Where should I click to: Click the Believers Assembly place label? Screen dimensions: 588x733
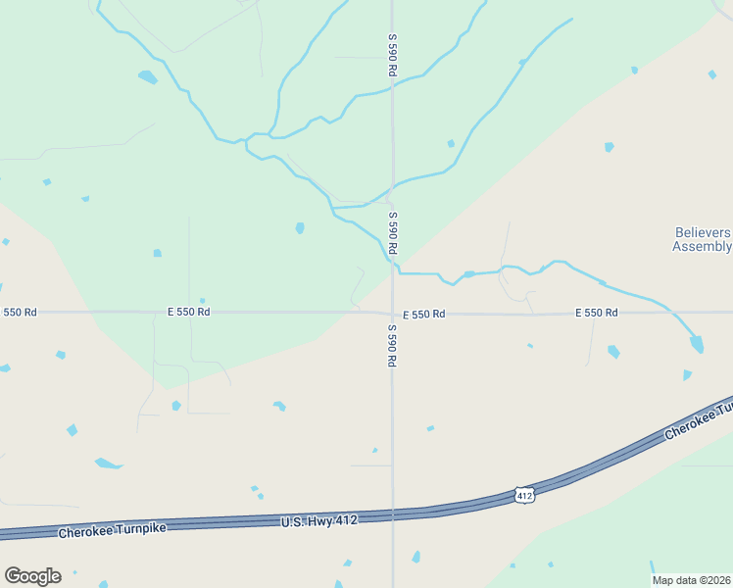[x=702, y=239]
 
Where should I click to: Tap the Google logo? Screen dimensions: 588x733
[x=32, y=576]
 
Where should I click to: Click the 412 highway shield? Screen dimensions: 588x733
[x=524, y=496]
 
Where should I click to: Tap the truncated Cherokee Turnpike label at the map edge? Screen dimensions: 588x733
[x=698, y=420]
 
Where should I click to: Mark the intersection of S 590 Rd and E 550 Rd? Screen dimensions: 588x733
[x=393, y=313]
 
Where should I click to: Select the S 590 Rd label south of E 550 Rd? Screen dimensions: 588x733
[x=391, y=345]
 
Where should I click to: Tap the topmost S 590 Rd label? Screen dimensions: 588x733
[x=392, y=55]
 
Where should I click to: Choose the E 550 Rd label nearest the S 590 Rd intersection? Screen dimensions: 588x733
[x=423, y=314]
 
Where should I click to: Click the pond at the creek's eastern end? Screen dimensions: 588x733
[x=697, y=343]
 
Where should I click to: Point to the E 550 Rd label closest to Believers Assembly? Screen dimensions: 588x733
[x=596, y=313]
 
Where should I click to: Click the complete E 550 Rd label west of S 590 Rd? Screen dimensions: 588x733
[x=188, y=312]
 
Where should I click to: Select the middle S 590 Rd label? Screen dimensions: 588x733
[x=392, y=233]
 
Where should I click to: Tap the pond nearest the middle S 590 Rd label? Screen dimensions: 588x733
[x=300, y=228]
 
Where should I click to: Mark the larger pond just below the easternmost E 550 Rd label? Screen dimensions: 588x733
[x=613, y=351]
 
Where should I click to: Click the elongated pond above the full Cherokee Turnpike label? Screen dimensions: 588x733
[x=108, y=463]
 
